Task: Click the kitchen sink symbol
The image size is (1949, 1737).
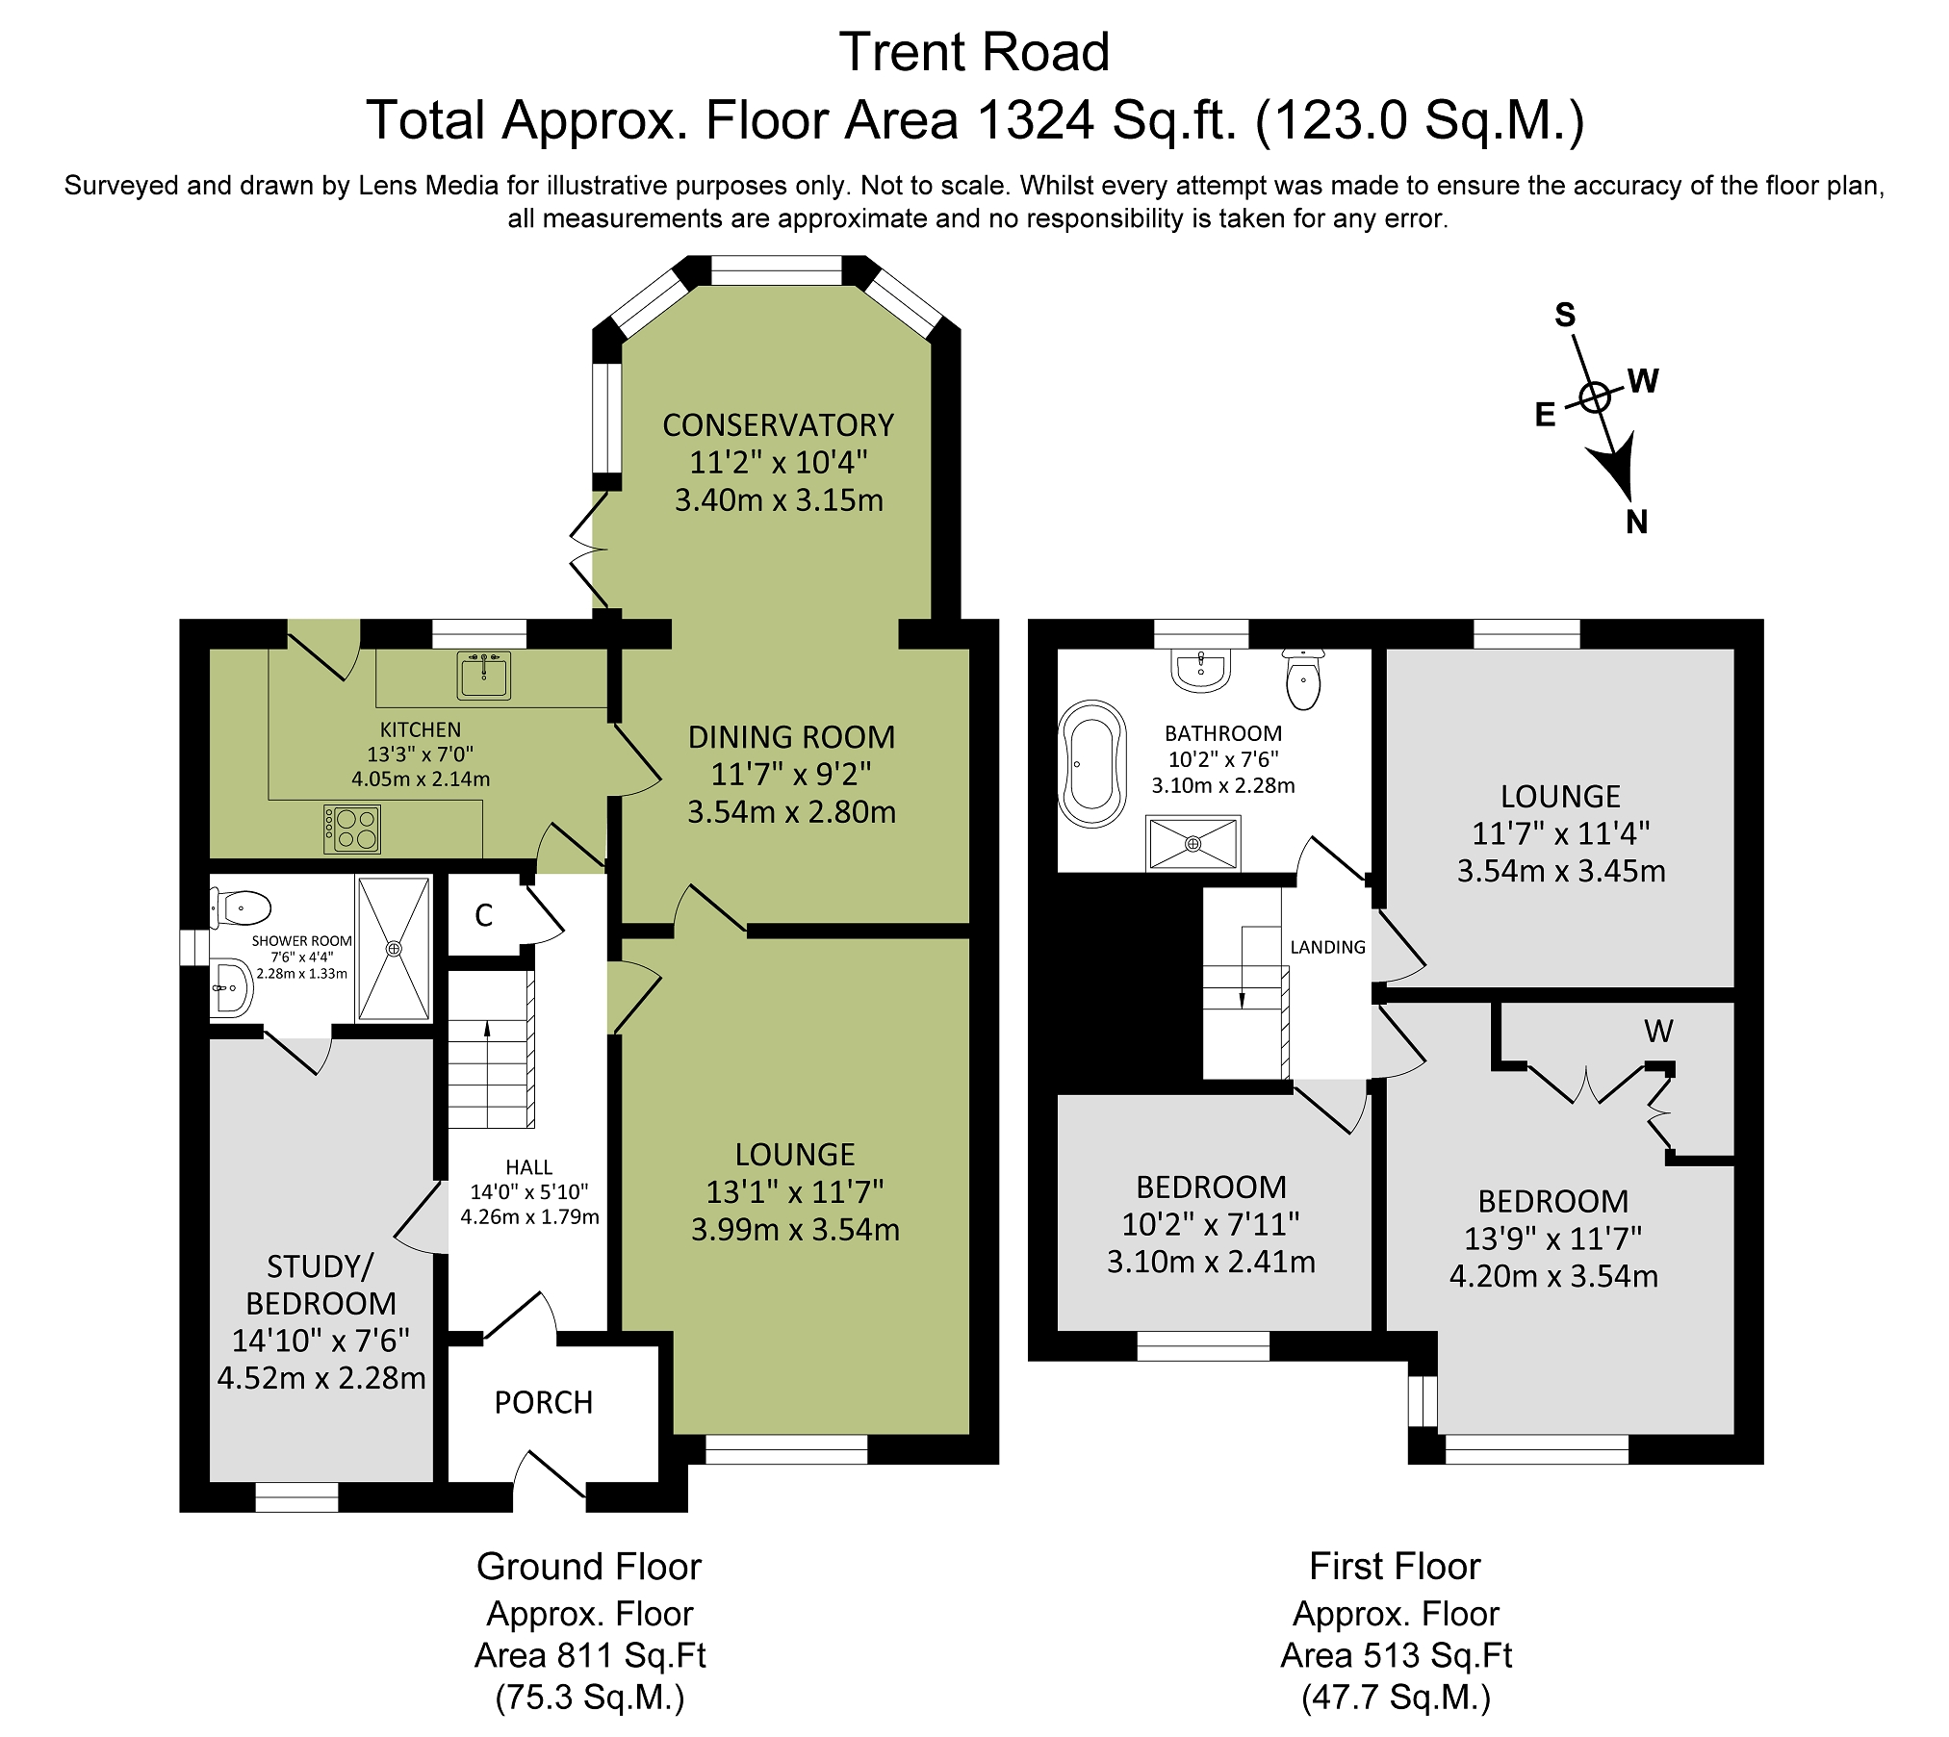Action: click(484, 676)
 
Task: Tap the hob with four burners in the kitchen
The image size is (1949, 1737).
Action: click(352, 830)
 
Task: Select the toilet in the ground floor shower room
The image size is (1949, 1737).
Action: click(241, 907)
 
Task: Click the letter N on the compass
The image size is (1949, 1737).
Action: click(1636, 523)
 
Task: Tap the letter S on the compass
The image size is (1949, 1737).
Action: click(1565, 315)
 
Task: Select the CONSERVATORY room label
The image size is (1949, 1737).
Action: click(779, 425)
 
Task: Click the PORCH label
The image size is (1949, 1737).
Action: click(544, 1403)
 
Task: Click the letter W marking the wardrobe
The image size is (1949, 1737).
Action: click(1658, 1032)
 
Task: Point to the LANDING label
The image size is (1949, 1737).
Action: click(1328, 948)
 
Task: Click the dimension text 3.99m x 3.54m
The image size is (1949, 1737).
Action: click(796, 1230)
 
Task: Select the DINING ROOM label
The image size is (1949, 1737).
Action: click(792, 737)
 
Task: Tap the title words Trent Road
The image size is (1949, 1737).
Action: click(974, 52)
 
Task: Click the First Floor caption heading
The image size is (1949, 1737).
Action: click(1395, 1568)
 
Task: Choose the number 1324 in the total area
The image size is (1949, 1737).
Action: click(1036, 121)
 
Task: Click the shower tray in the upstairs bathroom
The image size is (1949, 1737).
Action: click(1193, 843)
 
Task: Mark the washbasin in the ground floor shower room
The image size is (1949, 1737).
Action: click(231, 987)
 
